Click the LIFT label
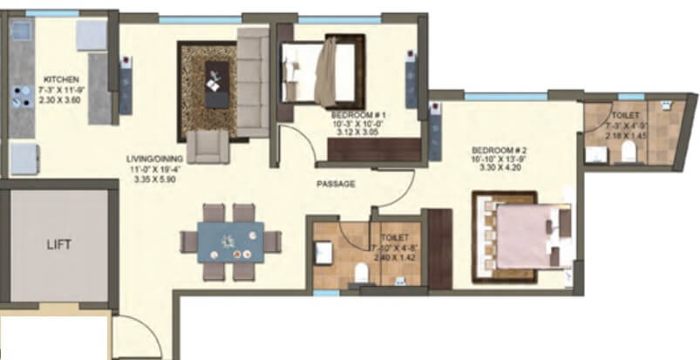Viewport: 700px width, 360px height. click(58, 245)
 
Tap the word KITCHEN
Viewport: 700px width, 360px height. click(59, 79)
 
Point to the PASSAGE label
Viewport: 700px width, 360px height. click(336, 184)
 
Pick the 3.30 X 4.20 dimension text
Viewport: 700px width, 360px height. click(499, 169)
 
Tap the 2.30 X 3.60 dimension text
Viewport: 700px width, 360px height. click(59, 100)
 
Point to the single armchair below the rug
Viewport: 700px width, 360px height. click(210, 146)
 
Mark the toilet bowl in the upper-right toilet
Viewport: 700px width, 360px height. click(625, 154)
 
